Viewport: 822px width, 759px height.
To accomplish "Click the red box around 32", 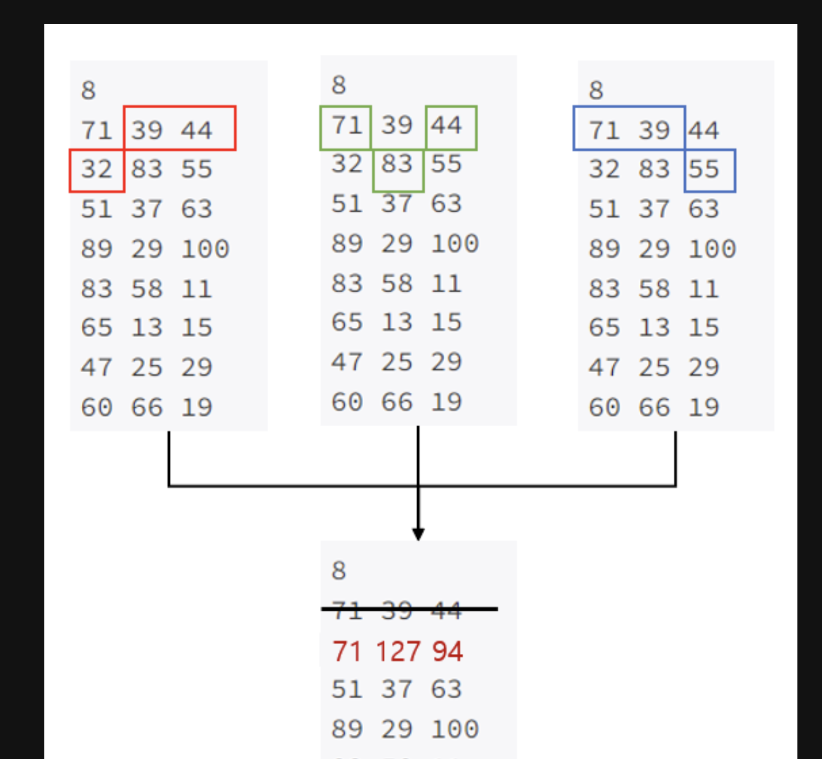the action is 97,170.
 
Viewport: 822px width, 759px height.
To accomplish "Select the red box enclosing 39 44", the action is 180,128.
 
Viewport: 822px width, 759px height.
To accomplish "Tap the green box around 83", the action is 398,170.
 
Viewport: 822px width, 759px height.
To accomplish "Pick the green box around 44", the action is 451,128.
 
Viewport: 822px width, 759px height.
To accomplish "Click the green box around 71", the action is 345,128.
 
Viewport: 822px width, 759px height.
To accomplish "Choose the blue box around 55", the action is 710,170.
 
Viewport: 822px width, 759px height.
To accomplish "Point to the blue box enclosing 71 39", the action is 629,128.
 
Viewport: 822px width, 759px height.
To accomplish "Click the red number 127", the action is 397,651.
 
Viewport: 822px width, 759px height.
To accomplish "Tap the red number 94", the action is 447,651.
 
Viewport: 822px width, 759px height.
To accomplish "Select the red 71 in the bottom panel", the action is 347,651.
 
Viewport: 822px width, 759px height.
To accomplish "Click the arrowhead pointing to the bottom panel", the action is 418,533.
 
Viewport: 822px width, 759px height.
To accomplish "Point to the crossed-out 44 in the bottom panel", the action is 446,610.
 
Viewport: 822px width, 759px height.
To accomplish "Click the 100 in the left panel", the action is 205,249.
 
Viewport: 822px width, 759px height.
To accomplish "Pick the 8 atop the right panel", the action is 596,90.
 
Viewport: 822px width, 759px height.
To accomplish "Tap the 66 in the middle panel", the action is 397,402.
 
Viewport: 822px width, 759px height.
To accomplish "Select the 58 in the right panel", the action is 653,289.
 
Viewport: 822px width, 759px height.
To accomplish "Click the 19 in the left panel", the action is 197,407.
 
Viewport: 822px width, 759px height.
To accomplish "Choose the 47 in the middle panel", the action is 347,362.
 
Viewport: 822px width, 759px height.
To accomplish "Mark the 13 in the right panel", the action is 653,328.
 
